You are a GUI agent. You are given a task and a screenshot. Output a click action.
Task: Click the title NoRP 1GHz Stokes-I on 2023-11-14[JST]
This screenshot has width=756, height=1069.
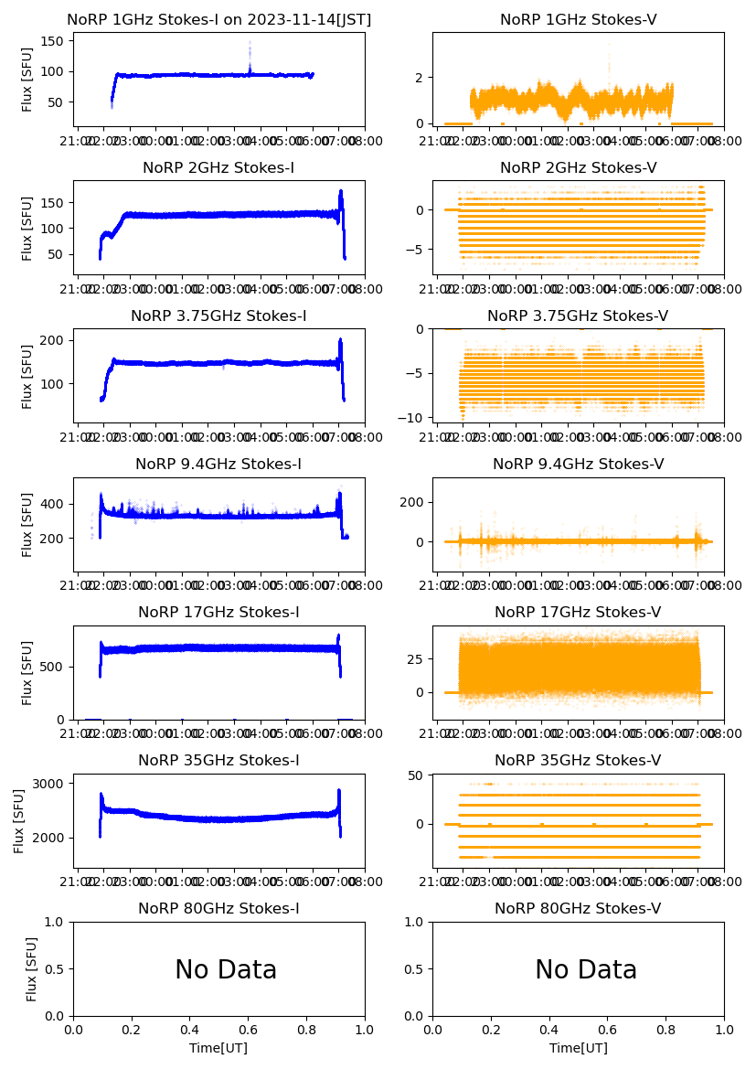[x=218, y=19]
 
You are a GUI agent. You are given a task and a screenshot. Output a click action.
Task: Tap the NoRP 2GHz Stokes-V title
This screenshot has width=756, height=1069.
[x=578, y=167]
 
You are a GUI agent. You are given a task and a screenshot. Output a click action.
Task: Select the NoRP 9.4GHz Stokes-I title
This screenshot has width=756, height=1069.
[x=218, y=464]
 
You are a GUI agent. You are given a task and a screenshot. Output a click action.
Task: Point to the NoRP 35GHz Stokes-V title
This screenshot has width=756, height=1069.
[x=578, y=760]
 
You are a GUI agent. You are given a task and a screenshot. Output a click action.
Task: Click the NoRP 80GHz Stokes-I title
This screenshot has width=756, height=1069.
[x=218, y=908]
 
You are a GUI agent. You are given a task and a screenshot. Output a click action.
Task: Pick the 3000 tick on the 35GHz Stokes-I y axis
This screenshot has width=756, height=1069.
[x=49, y=784]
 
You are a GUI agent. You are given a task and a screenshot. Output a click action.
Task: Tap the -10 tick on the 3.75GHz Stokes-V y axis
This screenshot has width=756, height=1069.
[x=416, y=418]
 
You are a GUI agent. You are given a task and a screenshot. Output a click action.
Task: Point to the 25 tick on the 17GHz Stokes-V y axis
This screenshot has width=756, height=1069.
[x=416, y=658]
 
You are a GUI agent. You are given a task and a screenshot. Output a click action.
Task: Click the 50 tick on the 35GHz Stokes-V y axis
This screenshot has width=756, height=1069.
[x=416, y=776]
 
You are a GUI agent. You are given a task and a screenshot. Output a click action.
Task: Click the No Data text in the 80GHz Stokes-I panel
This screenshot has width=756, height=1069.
[x=226, y=970]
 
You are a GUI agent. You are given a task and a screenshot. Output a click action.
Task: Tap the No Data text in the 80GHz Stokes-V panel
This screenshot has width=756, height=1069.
[x=586, y=970]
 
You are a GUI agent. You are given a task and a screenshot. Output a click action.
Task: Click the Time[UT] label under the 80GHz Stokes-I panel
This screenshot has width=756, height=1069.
[x=218, y=1048]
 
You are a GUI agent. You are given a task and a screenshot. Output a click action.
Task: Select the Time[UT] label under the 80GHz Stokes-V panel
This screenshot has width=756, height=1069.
[x=579, y=1048]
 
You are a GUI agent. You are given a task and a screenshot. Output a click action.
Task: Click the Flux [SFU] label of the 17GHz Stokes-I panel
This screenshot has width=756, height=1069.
[x=27, y=672]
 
